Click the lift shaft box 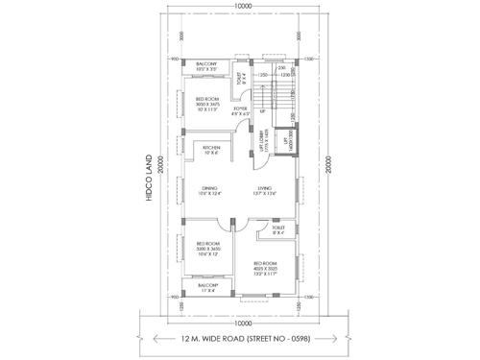coord(285,142)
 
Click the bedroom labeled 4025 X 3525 coord(267,266)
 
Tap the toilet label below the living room coord(278,230)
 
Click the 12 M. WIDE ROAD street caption coord(240,339)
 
